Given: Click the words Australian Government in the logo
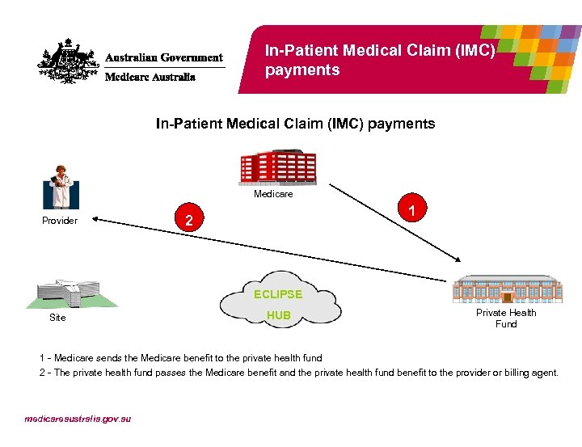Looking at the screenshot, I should tap(164, 57).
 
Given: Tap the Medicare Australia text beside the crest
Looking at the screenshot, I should tap(150, 78).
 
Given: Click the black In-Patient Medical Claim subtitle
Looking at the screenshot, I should tap(295, 124).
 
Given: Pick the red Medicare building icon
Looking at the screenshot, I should tap(278, 167).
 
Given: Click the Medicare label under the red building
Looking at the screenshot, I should tap(273, 194).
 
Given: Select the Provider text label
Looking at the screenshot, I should tap(60, 221).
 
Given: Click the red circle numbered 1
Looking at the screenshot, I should tap(412, 211).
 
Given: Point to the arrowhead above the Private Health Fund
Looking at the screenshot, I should tap(458, 258).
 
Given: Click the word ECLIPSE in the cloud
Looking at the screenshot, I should tap(278, 294).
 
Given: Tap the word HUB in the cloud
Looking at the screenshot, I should tap(279, 315).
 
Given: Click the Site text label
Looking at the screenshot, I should tap(57, 318).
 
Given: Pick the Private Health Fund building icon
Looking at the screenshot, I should tap(506, 289).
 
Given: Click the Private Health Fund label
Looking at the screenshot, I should tap(506, 318).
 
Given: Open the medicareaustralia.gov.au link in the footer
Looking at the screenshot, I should tap(78, 419).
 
